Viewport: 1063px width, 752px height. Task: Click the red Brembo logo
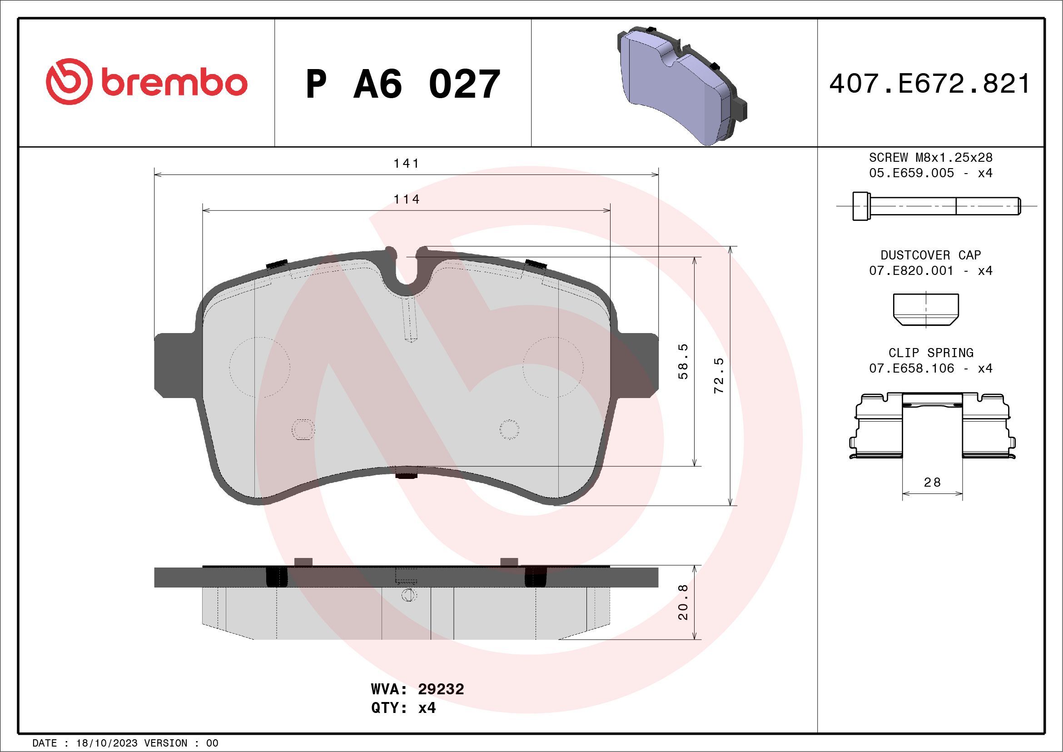[x=146, y=82]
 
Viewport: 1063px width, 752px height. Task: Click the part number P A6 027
[x=403, y=84]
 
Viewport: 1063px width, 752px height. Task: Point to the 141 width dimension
[x=406, y=164]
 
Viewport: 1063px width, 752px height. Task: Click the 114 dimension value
[x=406, y=199]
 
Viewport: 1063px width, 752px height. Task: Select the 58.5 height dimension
[x=683, y=361]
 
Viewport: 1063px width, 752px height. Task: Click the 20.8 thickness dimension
[x=683, y=603]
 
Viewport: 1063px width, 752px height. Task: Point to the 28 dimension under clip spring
[x=932, y=483]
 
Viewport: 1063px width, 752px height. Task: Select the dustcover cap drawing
[x=925, y=309]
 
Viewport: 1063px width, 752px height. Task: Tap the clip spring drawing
[x=932, y=426]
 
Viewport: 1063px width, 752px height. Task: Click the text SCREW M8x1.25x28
[x=931, y=157]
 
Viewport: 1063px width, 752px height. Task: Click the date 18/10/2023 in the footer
[x=106, y=743]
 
